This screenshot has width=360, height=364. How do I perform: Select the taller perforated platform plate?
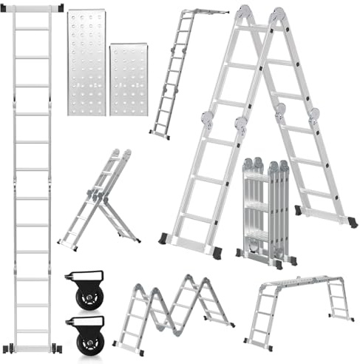[86, 62]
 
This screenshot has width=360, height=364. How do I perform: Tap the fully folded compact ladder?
[266, 210]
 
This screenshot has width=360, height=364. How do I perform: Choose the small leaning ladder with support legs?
[100, 200]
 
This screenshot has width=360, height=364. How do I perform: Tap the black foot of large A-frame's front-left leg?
[163, 238]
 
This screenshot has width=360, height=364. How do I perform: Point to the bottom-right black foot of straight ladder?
[58, 348]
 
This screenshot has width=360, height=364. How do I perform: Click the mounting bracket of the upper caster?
[81, 277]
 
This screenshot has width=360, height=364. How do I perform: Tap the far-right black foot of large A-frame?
[351, 221]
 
